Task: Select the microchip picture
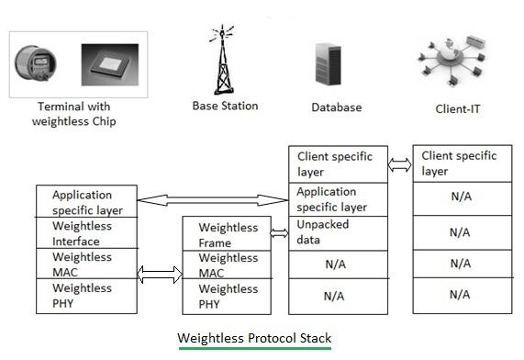(110, 65)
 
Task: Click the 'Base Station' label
(225, 106)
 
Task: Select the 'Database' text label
(336, 107)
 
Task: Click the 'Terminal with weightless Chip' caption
(74, 114)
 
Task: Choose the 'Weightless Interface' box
(85, 233)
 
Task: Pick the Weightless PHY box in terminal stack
(85, 295)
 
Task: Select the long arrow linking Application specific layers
(212, 198)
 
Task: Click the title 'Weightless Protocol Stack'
(254, 338)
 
